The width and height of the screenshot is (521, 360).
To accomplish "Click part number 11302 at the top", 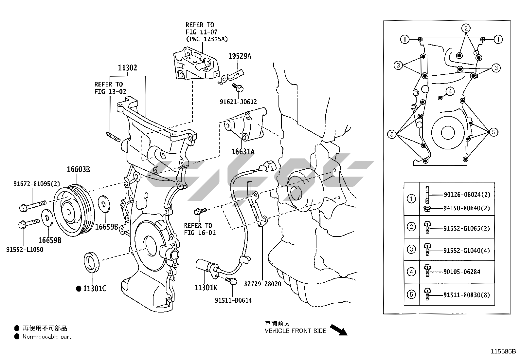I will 127,68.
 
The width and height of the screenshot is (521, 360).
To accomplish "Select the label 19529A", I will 240,56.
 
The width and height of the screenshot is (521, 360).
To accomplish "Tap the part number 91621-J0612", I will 238,102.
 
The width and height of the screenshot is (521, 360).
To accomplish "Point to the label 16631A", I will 243,151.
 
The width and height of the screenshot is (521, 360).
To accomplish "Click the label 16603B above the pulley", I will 78,169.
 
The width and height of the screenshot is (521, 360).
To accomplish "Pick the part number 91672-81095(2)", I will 37,184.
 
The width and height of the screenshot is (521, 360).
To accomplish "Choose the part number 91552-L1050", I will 25,250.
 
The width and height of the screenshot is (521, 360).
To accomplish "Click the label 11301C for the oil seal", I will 94,289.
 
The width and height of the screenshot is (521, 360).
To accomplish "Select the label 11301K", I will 206,288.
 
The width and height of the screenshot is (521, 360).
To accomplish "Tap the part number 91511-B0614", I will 233,300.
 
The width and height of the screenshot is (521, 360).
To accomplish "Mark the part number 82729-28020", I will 262,284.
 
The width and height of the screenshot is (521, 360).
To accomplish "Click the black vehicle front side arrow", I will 338,330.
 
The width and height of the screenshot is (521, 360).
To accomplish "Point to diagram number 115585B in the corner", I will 503,352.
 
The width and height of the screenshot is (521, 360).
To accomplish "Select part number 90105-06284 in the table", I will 462,272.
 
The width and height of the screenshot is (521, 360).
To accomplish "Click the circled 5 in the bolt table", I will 411,294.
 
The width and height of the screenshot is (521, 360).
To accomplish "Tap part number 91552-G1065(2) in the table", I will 467,228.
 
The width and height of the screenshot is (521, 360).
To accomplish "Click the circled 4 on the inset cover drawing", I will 450,91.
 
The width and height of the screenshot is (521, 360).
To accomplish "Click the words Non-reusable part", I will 47,336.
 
